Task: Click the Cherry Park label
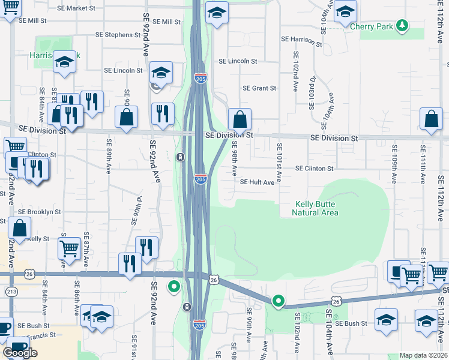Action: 376,27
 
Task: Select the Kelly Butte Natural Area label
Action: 316,208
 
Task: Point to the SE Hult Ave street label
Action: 257,182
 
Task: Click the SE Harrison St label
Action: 302,39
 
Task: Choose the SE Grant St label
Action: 259,88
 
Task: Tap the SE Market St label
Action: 76,8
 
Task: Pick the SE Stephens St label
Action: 122,35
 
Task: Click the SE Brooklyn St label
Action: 39,212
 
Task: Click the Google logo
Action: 20,353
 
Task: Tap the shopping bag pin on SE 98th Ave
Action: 240,119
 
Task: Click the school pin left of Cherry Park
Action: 345,11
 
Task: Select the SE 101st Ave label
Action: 279,158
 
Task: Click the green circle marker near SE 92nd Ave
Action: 174,287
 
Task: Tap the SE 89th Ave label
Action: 109,156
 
